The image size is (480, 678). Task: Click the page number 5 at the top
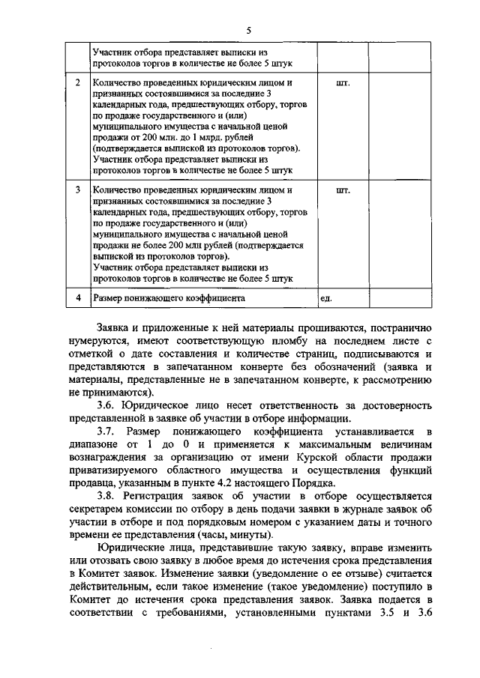pos(247,29)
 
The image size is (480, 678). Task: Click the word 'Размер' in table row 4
pos(109,298)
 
